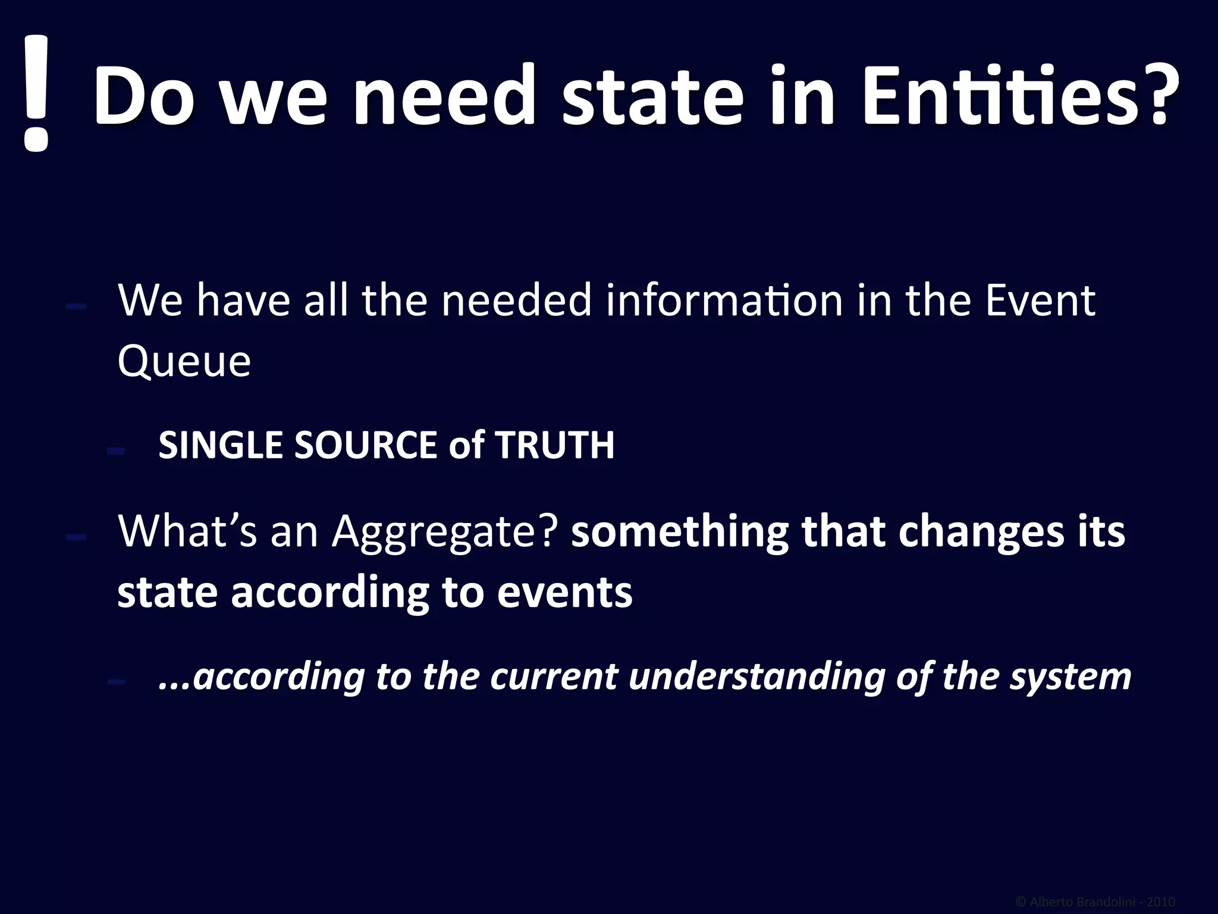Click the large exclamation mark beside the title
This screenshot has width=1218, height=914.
tap(36, 92)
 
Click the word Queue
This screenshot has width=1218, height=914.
tap(184, 361)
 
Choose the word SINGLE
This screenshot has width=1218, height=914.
tap(221, 445)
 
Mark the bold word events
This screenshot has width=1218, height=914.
tap(564, 592)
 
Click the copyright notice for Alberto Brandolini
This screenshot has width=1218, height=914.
tap(1095, 902)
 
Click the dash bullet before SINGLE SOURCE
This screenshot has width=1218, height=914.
tap(115, 451)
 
